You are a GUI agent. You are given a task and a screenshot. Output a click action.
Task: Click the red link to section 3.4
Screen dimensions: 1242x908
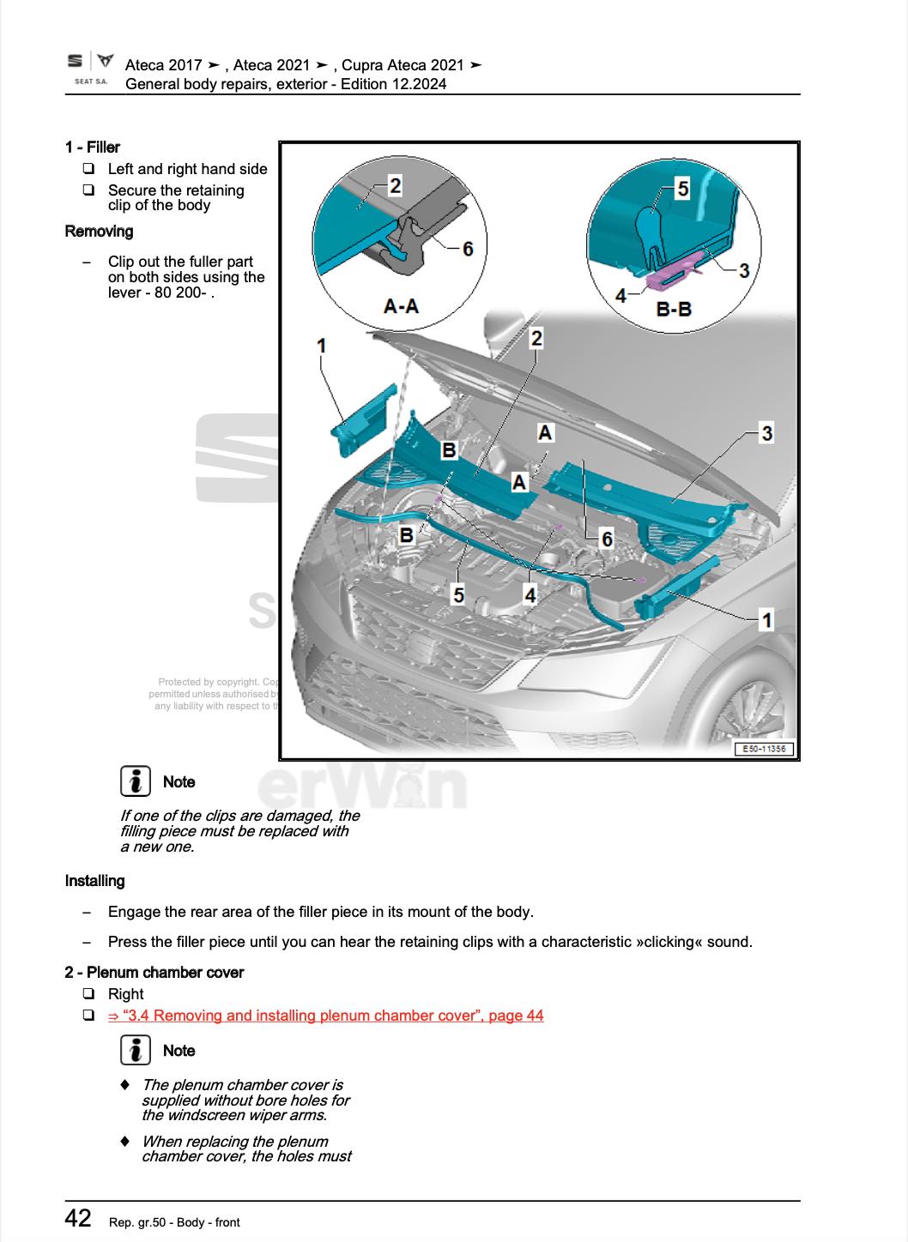click(x=325, y=1016)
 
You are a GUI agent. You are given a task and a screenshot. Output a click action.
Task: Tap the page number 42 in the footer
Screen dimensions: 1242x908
click(x=78, y=1219)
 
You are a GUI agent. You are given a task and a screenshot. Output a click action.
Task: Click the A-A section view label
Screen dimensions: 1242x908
click(x=400, y=305)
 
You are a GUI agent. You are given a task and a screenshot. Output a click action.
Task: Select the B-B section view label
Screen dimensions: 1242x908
click(x=674, y=309)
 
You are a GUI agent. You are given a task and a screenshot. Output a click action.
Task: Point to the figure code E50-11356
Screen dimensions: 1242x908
click(x=764, y=749)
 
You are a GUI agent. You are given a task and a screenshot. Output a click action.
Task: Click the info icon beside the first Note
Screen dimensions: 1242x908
click(x=135, y=781)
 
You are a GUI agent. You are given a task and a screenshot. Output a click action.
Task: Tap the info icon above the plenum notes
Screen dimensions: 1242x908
click(x=135, y=1050)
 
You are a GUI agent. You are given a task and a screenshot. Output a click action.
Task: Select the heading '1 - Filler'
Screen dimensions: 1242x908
click(x=93, y=148)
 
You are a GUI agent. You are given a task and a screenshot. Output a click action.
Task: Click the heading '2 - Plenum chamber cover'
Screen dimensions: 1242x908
click(x=154, y=972)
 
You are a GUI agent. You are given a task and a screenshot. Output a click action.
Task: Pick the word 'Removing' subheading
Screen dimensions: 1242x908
click(x=100, y=232)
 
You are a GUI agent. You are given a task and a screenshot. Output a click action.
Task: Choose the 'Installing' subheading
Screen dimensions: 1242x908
click(x=95, y=881)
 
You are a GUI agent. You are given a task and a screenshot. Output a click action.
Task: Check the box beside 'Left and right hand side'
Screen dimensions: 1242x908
click(x=88, y=169)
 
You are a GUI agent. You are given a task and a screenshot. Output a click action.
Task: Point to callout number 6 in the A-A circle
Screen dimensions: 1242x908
click(x=468, y=249)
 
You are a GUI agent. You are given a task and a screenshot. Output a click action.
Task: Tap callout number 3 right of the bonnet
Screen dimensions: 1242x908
click(x=766, y=433)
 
